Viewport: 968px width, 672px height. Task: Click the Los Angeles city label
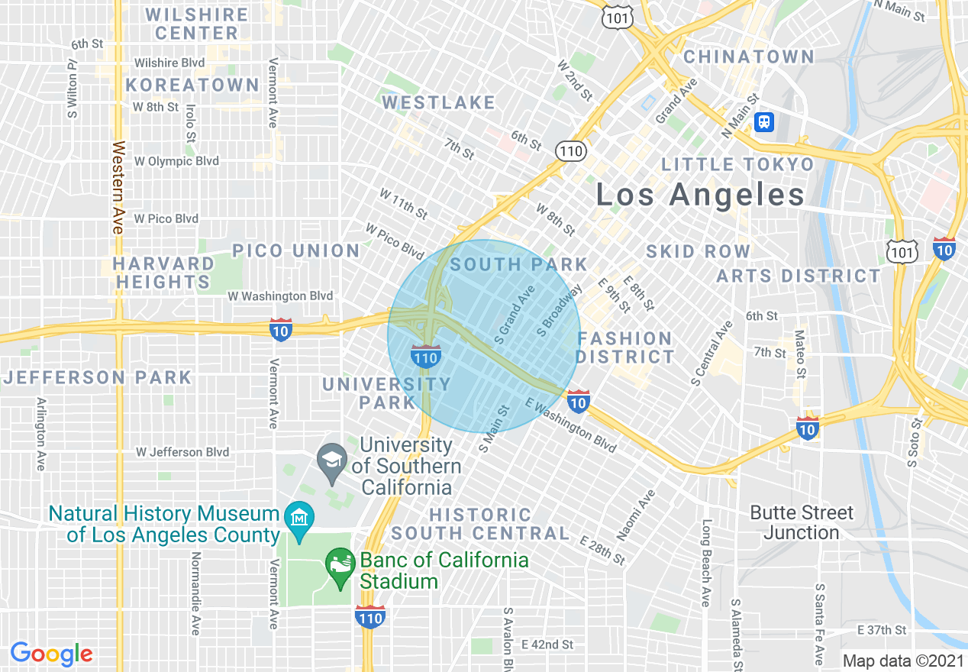click(x=699, y=195)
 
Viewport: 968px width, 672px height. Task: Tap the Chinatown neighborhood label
click(x=748, y=57)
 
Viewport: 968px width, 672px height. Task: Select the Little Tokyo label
click(x=737, y=165)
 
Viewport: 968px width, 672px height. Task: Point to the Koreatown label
click(x=192, y=85)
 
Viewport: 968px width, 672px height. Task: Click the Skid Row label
click(x=698, y=251)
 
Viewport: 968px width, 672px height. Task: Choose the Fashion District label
click(x=624, y=347)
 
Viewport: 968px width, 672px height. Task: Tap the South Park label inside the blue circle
click(x=518, y=265)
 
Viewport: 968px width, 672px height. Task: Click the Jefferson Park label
click(x=97, y=377)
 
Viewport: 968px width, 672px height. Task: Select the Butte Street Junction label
click(x=802, y=522)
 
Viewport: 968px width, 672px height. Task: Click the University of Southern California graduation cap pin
click(x=332, y=460)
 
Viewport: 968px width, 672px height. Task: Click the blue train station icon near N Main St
click(x=764, y=121)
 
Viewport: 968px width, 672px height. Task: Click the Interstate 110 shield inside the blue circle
click(x=425, y=356)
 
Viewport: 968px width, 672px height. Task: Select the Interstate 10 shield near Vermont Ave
click(x=281, y=329)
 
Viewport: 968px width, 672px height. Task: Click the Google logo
click(x=51, y=654)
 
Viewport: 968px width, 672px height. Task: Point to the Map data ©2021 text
click(x=903, y=661)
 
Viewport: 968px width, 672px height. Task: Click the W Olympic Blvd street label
click(x=176, y=161)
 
